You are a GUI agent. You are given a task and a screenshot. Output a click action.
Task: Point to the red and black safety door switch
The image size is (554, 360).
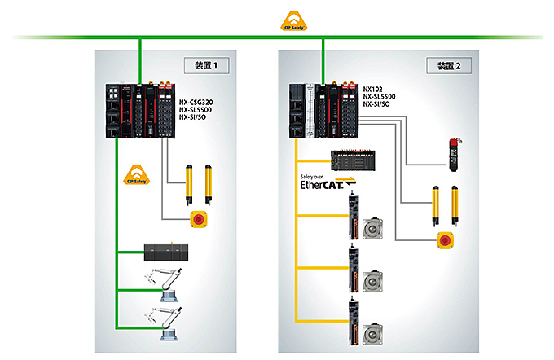(x=455, y=152)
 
